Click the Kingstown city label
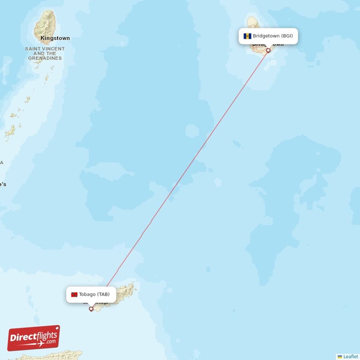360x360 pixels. [x=55, y=38]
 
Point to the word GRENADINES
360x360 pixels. [x=45, y=58]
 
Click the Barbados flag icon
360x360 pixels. [x=247, y=36]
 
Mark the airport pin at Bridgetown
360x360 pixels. [x=268, y=50]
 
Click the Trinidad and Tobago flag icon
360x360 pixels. [x=74, y=295]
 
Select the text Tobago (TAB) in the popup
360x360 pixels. [x=94, y=295]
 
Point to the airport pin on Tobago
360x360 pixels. [x=91, y=309]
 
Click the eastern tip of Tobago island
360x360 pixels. [x=135, y=284]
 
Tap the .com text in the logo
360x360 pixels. [x=50, y=342]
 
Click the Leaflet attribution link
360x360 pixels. [x=351, y=356]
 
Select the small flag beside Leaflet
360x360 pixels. [x=340, y=356]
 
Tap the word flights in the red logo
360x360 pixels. [x=44, y=335]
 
